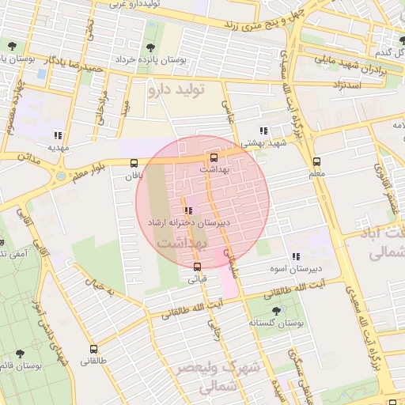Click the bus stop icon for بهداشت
pyautogui.click(x=212, y=157)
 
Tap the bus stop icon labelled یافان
pyautogui.click(x=132, y=164)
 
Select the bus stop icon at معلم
pyautogui.click(x=316, y=160)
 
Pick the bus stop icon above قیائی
pyautogui.click(x=197, y=266)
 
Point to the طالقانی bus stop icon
pyautogui.click(x=94, y=348)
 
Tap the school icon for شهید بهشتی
pyautogui.click(x=263, y=131)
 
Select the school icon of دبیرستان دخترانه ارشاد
pyautogui.click(x=188, y=210)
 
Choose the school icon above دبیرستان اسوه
pyautogui.click(x=295, y=256)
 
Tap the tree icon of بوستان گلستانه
pyautogui.click(x=274, y=310)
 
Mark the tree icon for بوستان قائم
pyautogui.click(x=20, y=354)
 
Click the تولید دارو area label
pyautogui.click(x=176, y=89)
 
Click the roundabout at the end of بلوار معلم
pyautogui.click(x=62, y=176)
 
